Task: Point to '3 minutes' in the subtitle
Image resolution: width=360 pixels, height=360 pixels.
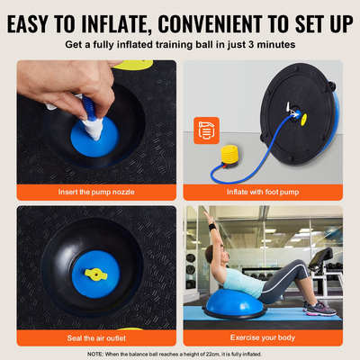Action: click(x=265, y=43)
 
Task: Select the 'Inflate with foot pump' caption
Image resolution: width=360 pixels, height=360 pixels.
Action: click(x=263, y=193)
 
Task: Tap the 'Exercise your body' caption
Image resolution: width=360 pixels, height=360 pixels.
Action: click(x=263, y=337)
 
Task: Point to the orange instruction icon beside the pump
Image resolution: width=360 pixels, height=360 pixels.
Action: click(x=206, y=131)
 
